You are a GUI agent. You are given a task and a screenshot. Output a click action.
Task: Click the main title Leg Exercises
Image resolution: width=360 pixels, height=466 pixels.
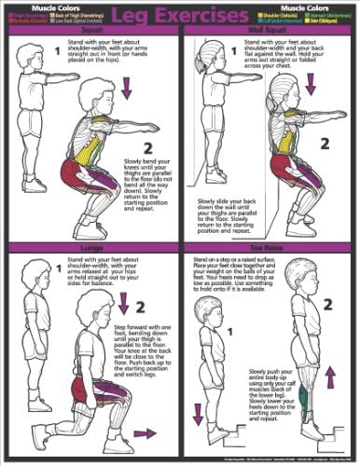click(179, 15)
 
